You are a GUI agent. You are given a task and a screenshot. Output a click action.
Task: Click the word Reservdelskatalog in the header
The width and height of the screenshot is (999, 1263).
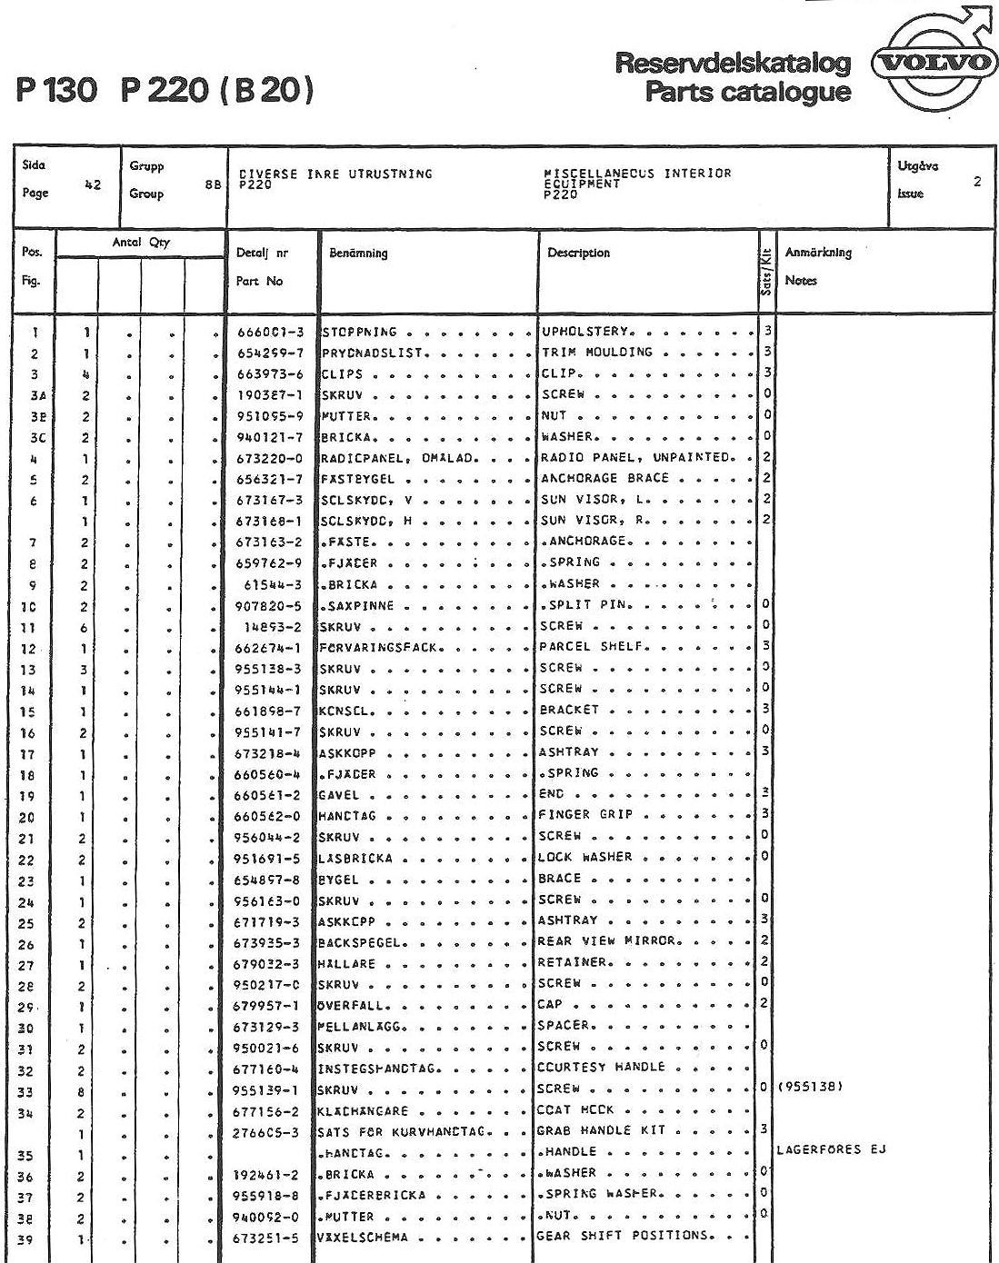[734, 64]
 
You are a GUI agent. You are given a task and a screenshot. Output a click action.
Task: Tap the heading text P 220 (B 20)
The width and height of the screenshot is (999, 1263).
[217, 91]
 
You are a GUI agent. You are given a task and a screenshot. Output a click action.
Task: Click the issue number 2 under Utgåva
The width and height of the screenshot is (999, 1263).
[977, 182]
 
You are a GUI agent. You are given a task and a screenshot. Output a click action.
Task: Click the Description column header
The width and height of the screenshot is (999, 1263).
[578, 254]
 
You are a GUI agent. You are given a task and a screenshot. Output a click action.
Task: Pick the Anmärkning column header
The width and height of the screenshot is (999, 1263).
[818, 254]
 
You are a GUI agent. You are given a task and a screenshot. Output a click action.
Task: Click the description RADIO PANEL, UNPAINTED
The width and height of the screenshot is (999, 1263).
[636, 457]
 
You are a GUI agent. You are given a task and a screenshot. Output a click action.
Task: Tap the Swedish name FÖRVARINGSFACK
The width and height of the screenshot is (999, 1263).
[380, 648]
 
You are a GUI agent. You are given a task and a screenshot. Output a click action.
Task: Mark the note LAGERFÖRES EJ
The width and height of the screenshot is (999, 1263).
[831, 1150]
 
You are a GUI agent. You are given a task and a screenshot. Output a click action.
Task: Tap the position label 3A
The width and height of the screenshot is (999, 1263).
[35, 395]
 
